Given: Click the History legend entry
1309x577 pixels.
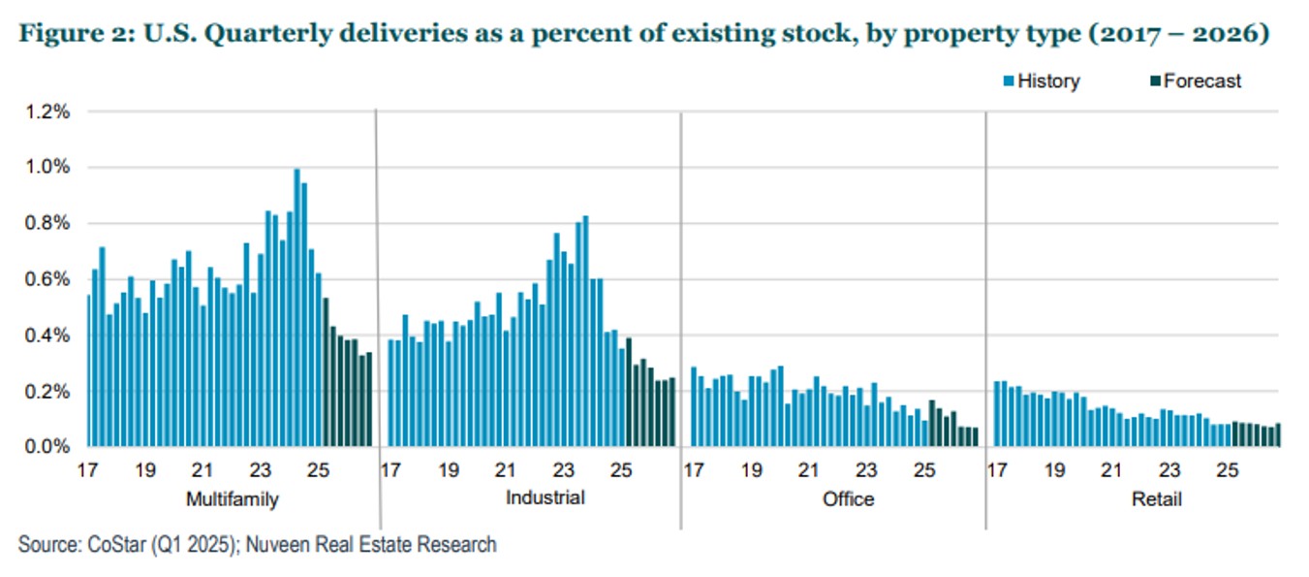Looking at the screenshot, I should point(1047,81).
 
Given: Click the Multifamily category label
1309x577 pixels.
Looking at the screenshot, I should point(231,499).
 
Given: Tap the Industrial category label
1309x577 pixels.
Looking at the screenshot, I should point(545,498).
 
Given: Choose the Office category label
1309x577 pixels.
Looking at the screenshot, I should point(848,499).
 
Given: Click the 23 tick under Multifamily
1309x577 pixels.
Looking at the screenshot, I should point(261,472).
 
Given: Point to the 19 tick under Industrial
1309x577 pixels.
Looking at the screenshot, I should point(449,472).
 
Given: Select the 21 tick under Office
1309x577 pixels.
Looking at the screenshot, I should point(809,472).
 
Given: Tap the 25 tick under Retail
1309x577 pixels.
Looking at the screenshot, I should point(1228,472).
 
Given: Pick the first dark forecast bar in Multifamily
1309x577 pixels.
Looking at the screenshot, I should point(326,372).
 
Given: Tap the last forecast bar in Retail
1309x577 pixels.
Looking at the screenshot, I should point(1278,435).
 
